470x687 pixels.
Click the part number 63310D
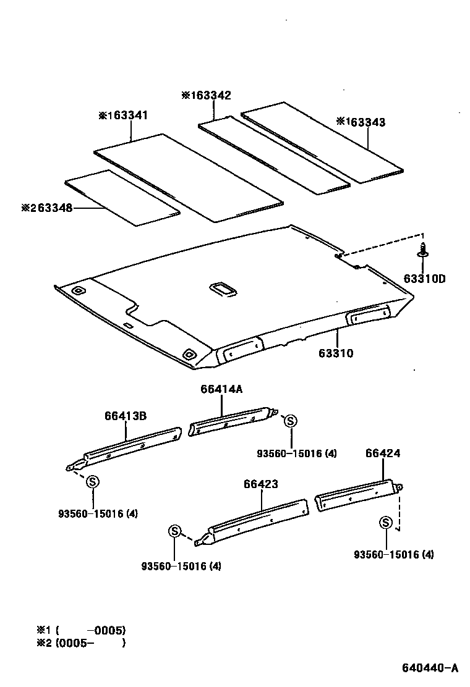[424, 279]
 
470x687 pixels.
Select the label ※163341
[123, 116]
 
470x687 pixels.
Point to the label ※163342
[206, 95]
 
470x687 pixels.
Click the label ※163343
[361, 122]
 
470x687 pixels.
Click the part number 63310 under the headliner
[336, 353]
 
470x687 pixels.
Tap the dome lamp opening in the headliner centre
[221, 287]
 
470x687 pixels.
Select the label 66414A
[221, 389]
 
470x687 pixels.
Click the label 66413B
[125, 416]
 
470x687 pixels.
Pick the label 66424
[382, 453]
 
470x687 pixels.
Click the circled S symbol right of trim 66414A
[291, 421]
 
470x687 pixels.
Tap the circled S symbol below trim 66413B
[92, 482]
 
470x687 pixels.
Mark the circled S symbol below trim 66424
[385, 523]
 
